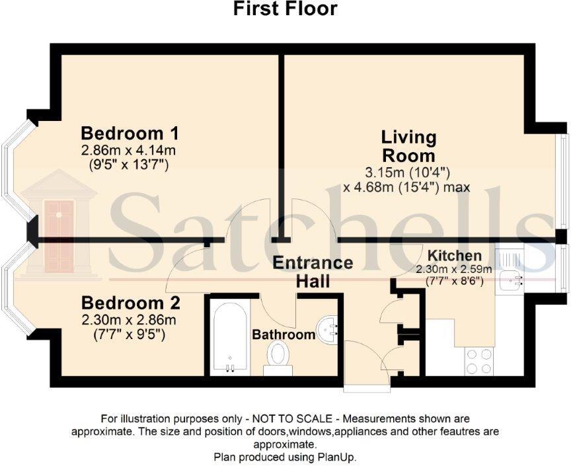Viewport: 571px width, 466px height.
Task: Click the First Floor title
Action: click(x=285, y=9)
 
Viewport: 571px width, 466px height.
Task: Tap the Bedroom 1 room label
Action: click(x=130, y=132)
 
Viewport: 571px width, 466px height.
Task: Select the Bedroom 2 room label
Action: click(x=130, y=303)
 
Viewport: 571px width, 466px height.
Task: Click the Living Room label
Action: click(x=408, y=147)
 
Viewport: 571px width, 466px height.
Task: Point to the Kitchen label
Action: click(x=453, y=256)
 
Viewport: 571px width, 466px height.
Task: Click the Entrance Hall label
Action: click(x=313, y=271)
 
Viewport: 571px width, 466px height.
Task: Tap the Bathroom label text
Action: click(x=284, y=335)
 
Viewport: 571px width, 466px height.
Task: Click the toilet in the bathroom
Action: click(x=278, y=358)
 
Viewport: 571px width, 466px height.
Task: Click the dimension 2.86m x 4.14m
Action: click(x=130, y=150)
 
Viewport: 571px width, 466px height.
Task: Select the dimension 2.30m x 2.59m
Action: click(x=453, y=269)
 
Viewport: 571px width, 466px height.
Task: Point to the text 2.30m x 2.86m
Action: click(x=130, y=321)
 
